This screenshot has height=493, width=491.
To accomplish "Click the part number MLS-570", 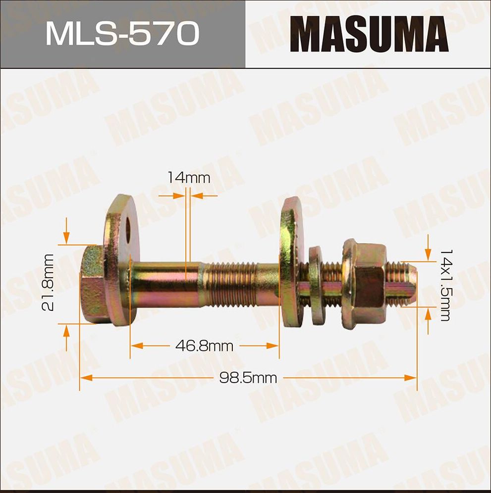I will [x=122, y=34].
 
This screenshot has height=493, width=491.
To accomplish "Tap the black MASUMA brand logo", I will [x=369, y=35].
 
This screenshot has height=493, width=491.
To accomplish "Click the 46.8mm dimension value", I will [x=204, y=346].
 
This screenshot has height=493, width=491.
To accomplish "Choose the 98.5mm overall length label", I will [x=248, y=378].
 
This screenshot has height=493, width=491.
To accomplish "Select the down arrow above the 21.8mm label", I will [x=66, y=238].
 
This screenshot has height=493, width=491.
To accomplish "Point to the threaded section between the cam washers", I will [x=233, y=285].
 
